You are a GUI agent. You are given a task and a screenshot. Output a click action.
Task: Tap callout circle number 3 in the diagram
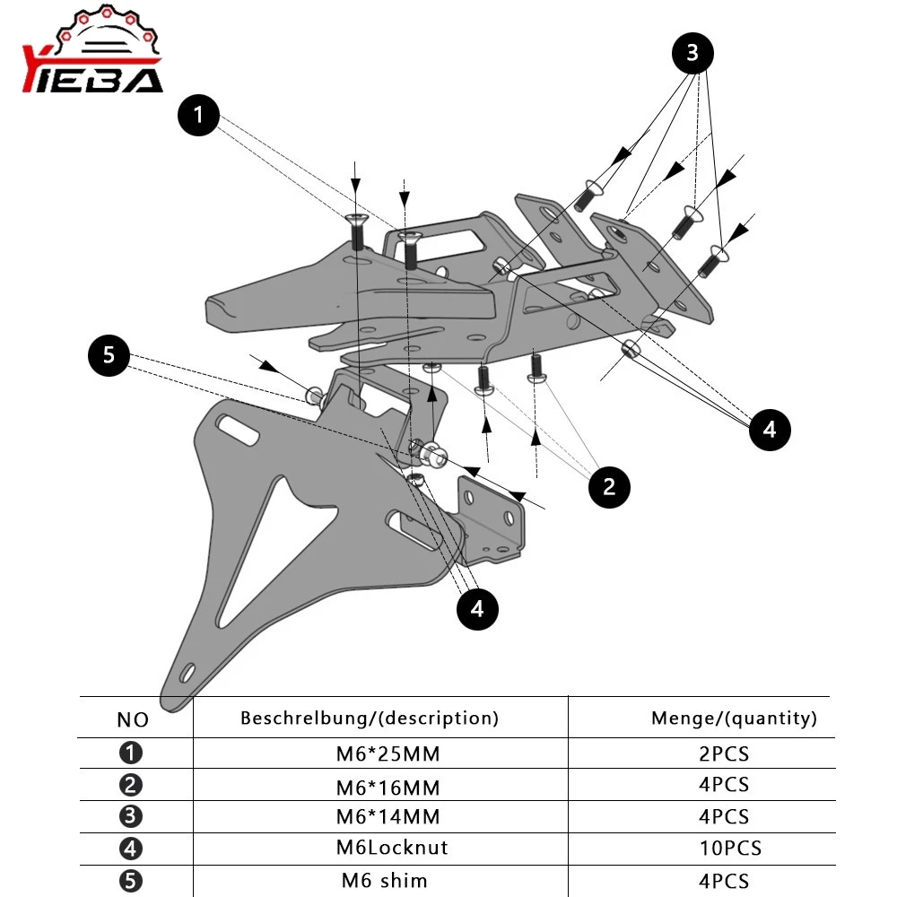[692, 54]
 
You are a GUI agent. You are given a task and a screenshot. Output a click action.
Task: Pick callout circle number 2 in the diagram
[609, 487]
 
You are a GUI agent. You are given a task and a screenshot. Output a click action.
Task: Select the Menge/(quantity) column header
[734, 718]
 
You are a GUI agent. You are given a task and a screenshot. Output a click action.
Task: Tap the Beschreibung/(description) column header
[369, 718]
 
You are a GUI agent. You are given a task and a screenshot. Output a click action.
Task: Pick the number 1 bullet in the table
[131, 753]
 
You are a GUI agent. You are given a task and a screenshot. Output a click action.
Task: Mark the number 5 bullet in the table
[131, 881]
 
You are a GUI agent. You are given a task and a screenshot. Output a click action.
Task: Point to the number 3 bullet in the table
[131, 817]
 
